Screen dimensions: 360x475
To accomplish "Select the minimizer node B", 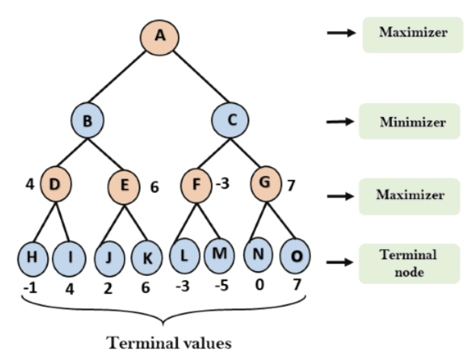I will click(88, 120).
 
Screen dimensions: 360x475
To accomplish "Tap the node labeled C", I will click(232, 119).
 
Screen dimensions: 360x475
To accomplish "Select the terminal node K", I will click(146, 258).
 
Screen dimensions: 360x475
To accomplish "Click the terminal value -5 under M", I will click(221, 288).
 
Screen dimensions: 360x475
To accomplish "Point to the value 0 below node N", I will click(261, 285).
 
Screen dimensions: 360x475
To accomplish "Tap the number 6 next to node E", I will click(154, 187).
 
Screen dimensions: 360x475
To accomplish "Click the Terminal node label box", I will click(409, 264).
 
